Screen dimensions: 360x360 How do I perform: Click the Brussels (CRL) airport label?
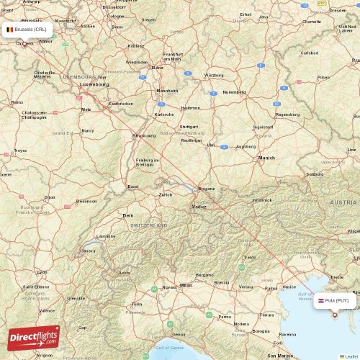pyautogui.click(x=26, y=30)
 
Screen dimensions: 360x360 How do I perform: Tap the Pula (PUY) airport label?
pyautogui.click(x=334, y=301)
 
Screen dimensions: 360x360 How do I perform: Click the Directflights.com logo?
pyautogui.click(x=34, y=338)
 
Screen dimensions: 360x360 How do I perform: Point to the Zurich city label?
pyautogui.click(x=166, y=194)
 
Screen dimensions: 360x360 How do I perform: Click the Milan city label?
pyautogui.click(x=186, y=285)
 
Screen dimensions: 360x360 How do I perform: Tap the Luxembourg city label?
pyautogui.click(x=95, y=84)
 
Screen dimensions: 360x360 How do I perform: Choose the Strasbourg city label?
pyautogui.click(x=144, y=135)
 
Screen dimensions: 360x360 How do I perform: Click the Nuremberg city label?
pyautogui.click(x=234, y=92)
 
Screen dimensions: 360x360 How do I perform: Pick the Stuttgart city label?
pyautogui.click(x=189, y=126)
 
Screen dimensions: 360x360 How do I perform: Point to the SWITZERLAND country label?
pyautogui.click(x=149, y=225)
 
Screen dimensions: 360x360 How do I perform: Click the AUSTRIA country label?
pyautogui.click(x=343, y=203)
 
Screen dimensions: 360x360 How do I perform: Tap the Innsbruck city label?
pyautogui.click(x=261, y=199)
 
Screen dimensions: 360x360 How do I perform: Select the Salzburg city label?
pyautogui.click(x=315, y=174)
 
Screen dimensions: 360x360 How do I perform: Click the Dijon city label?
pyautogui.click(x=49, y=197)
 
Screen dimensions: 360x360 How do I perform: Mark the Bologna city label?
pyautogui.click(x=261, y=331)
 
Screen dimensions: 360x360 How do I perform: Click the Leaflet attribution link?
pyautogui.click(x=350, y=356)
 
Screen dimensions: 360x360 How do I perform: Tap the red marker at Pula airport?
pyautogui.click(x=334, y=315)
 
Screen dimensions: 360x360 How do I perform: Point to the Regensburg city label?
pyautogui.click(x=287, y=114)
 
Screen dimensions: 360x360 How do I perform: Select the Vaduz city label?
pyautogui.click(x=199, y=207)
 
